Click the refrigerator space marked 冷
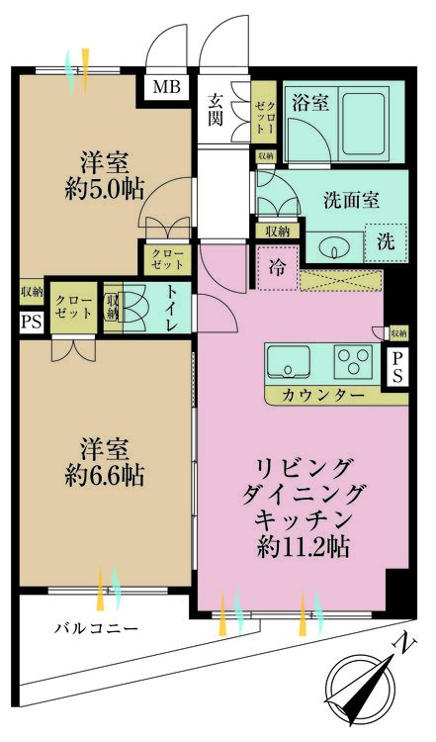pos(277,266)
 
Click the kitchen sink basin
pos(289,363)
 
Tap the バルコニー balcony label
pos(96,628)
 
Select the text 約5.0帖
pos(102,190)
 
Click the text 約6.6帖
pos(101,475)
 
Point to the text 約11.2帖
pos(305,545)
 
